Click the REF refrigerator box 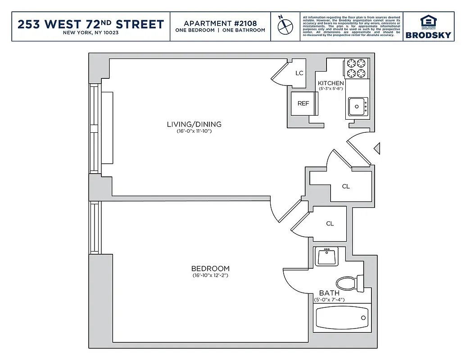click(x=303, y=103)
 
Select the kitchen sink click(x=357, y=107)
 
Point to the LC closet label click(x=299, y=73)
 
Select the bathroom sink click(x=326, y=256)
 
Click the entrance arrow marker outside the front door click(x=378, y=148)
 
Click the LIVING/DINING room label click(x=194, y=125)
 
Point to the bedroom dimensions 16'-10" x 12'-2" click(x=210, y=275)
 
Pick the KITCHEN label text click(x=330, y=83)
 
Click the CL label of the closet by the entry click(x=346, y=186)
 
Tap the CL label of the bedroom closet click(x=330, y=224)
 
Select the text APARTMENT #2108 click(x=220, y=23)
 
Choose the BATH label click(x=329, y=293)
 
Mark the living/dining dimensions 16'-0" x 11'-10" click(x=194, y=131)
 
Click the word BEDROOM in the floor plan click(x=210, y=268)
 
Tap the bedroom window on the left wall click(x=95, y=227)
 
